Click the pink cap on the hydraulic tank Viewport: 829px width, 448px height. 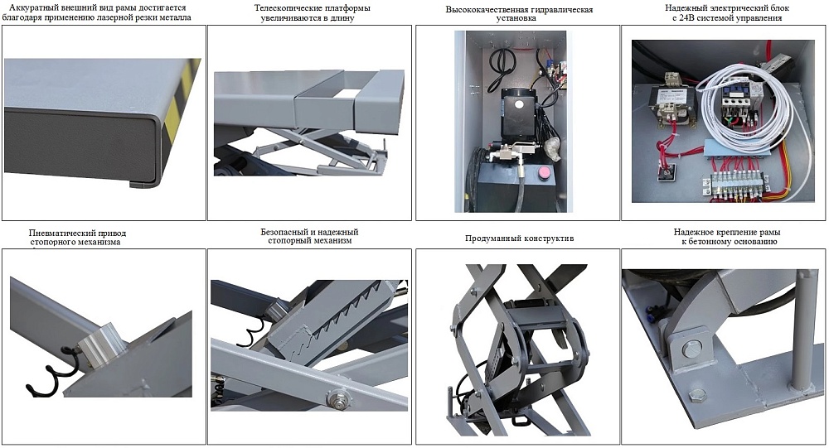pyautogui.click(x=545, y=172)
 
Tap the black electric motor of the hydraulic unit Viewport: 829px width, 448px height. pyautogui.click(x=520, y=108)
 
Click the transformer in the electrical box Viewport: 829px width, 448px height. pyautogui.click(x=667, y=104)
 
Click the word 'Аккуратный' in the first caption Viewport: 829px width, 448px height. pyautogui.click(x=34, y=7)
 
